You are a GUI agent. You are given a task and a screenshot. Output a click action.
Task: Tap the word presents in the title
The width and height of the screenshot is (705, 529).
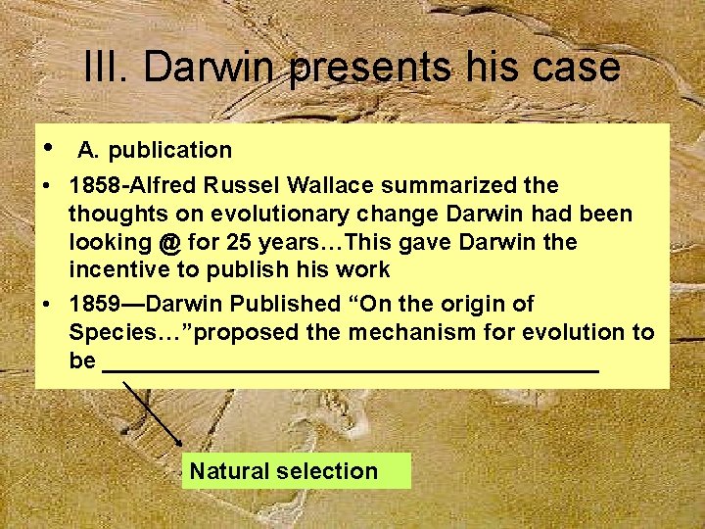click(x=372, y=69)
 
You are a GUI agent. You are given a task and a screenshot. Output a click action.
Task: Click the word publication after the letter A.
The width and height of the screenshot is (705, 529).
click(x=169, y=150)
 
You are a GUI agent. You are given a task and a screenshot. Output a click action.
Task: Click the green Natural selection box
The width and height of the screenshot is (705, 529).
click(x=297, y=471)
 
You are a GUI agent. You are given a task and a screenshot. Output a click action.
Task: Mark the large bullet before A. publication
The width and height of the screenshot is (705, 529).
click(x=48, y=148)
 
